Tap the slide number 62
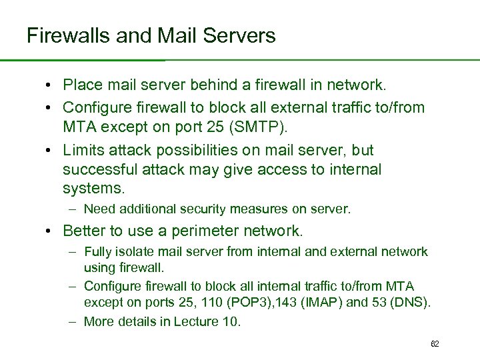coord(435,344)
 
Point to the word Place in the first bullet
coord(82,84)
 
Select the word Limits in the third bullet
coord(83,150)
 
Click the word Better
coord(85,231)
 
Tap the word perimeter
coord(208,231)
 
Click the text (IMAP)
coord(321,303)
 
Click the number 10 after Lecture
coord(229,321)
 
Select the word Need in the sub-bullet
coord(99,209)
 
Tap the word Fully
coord(97,251)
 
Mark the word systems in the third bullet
coord(92,189)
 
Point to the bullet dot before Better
coord(51,231)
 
